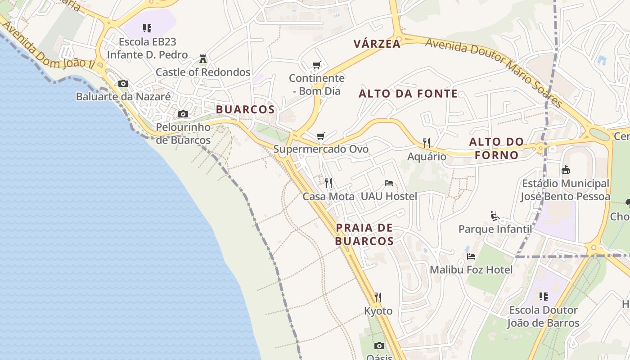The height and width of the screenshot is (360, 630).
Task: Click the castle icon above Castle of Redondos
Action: click(x=203, y=59)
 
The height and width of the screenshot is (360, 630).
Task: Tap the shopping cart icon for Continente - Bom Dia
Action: click(x=316, y=65)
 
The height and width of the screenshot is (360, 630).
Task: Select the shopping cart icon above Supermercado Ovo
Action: click(x=320, y=136)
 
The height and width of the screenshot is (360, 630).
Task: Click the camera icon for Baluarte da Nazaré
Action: click(x=123, y=84)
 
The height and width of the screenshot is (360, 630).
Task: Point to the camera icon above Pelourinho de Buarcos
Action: click(x=183, y=114)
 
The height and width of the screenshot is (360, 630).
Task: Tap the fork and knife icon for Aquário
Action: click(x=427, y=144)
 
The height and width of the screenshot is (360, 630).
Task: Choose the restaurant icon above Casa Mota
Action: click(x=328, y=183)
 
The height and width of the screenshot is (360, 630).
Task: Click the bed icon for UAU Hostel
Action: click(x=389, y=183)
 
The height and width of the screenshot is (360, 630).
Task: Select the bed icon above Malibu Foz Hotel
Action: click(x=471, y=256)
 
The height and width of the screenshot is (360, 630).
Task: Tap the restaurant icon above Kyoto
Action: click(x=378, y=297)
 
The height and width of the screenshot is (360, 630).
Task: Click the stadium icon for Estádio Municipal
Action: click(x=565, y=170)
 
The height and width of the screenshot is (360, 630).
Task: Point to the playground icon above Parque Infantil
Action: click(x=495, y=216)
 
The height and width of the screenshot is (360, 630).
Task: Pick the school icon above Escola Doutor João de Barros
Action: click(x=543, y=297)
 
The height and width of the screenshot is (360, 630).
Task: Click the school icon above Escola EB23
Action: click(x=147, y=29)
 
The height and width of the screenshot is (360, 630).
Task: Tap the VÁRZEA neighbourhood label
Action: click(x=377, y=44)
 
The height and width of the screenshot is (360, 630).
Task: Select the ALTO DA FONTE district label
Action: click(x=408, y=94)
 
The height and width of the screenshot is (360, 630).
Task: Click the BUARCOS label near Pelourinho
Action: click(x=245, y=110)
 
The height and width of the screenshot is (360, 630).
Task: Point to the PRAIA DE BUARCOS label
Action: click(x=364, y=234)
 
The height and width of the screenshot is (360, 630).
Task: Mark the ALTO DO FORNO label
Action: click(x=496, y=148)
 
